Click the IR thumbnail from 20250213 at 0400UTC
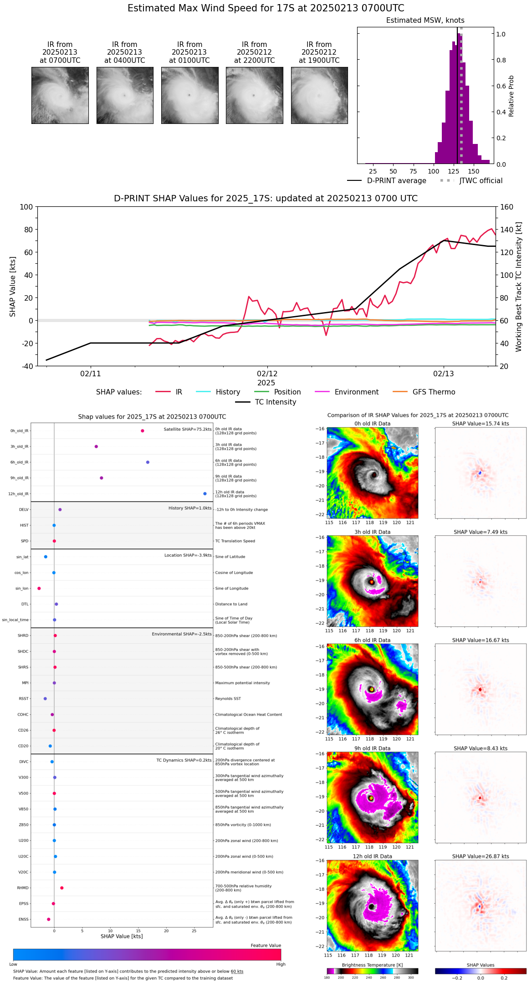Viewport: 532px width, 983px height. pos(125,95)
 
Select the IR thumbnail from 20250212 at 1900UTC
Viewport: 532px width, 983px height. pos(319,95)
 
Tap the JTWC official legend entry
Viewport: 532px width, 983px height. pos(481,181)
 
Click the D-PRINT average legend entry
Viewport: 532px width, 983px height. pos(396,181)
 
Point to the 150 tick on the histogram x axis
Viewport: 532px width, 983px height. pos(474,172)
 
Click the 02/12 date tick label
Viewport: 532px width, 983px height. pos(267,374)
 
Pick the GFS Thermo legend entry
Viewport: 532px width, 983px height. pos(434,392)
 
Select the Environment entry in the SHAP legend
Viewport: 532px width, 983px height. pos(356,392)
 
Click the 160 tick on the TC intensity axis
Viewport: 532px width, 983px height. pos(506,207)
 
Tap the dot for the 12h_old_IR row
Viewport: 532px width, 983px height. pos(205,494)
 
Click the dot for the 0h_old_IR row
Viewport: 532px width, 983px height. pos(143,431)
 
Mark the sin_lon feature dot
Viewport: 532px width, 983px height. pos(39,589)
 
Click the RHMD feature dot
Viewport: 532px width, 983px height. pos(62,888)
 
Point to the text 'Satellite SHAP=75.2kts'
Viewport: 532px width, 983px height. pos(188,430)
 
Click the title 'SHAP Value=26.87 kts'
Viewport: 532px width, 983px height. pos(481,856)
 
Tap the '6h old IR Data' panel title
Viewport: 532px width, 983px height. pos(372,640)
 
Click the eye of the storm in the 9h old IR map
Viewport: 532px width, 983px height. pos(371,798)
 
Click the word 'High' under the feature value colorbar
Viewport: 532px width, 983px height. pos(281,964)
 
